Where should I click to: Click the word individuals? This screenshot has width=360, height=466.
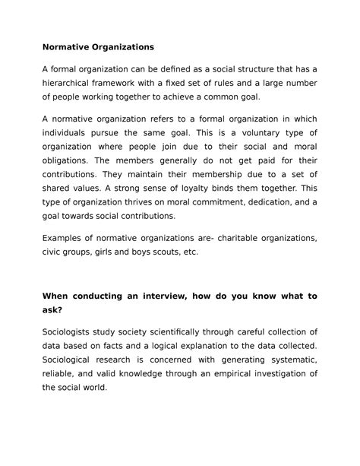click(x=69, y=133)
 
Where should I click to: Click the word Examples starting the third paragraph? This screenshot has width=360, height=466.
click(x=66, y=239)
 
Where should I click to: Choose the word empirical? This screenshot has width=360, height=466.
click(x=236, y=373)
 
